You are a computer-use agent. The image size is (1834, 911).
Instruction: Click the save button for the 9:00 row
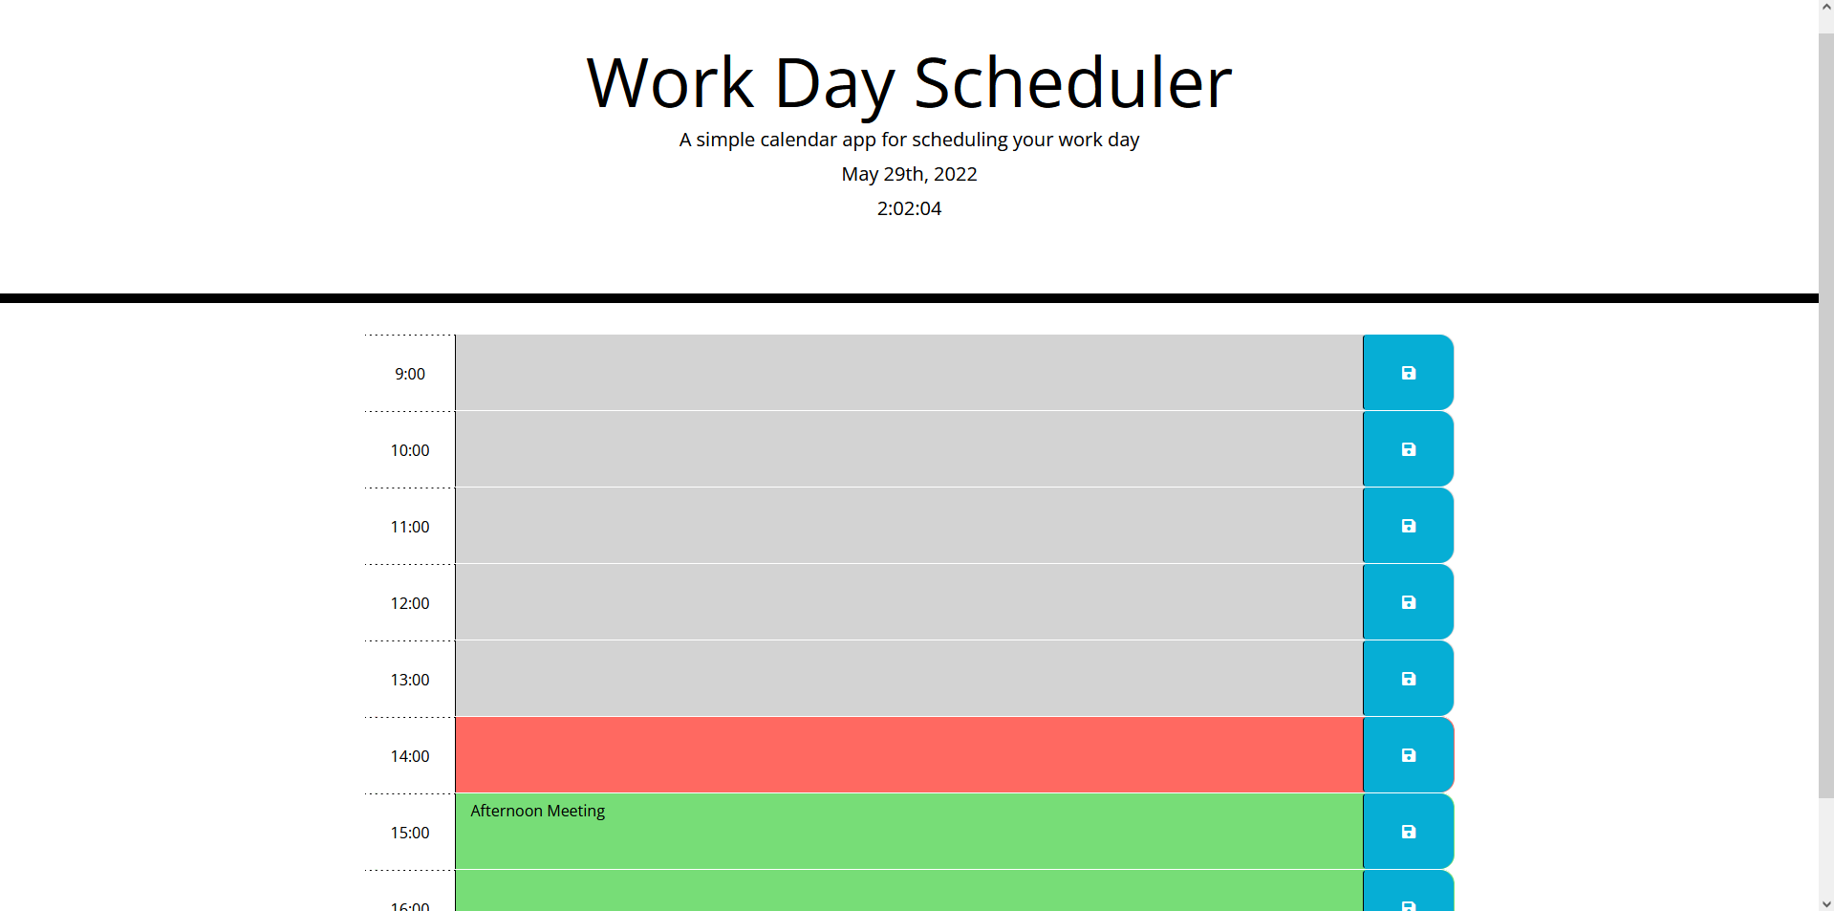(1408, 373)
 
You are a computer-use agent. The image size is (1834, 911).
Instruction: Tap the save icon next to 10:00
(1408, 449)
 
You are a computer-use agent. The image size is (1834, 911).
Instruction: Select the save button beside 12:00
(1408, 602)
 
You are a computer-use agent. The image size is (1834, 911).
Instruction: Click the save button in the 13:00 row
(1408, 679)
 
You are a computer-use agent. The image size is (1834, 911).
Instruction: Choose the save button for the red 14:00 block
(1408, 755)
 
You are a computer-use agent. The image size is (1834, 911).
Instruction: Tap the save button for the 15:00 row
(1408, 832)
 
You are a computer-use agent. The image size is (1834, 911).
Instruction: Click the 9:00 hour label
(410, 374)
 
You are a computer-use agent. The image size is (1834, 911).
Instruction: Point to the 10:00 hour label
(410, 450)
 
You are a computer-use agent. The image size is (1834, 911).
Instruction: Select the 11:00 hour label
(410, 527)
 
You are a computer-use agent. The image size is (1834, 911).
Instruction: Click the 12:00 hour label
(410, 603)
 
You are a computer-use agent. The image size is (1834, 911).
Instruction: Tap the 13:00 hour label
(410, 680)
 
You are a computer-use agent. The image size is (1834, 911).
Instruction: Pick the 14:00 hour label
(410, 756)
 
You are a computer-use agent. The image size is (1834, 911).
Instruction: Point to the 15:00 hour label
(410, 833)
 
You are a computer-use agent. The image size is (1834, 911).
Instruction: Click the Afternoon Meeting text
(537, 811)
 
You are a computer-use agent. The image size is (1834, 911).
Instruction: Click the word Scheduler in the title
(1072, 83)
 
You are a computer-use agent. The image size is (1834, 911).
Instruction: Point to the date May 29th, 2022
(909, 174)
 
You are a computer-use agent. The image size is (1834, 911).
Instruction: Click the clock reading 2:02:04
(909, 208)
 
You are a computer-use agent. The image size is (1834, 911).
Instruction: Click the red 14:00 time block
(908, 755)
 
